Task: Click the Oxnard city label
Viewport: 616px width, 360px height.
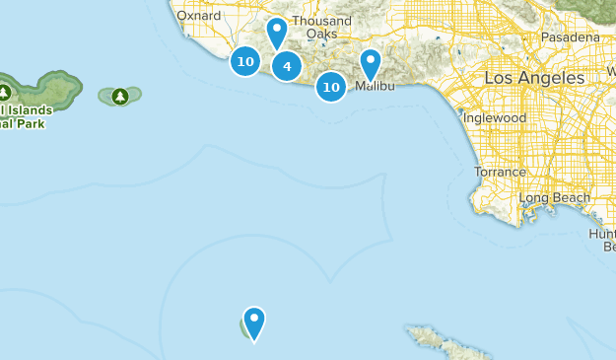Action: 198,16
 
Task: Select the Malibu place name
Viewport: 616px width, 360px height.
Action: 374,88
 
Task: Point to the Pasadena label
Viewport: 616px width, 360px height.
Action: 570,37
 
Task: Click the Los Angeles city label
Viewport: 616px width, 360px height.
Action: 534,77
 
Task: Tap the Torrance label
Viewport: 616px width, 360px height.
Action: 500,172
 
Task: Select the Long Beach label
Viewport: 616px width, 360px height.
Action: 554,197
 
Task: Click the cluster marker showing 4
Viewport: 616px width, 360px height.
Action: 287,67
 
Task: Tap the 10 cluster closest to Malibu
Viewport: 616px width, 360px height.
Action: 331,87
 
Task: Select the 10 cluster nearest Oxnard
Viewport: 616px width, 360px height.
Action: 245,62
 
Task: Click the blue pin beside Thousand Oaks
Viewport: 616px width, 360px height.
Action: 278,33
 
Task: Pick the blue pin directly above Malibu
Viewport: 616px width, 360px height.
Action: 370,63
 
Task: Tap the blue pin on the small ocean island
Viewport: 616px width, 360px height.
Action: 254,322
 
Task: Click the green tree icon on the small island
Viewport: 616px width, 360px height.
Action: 120,96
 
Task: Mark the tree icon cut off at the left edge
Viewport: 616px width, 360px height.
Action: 4,92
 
